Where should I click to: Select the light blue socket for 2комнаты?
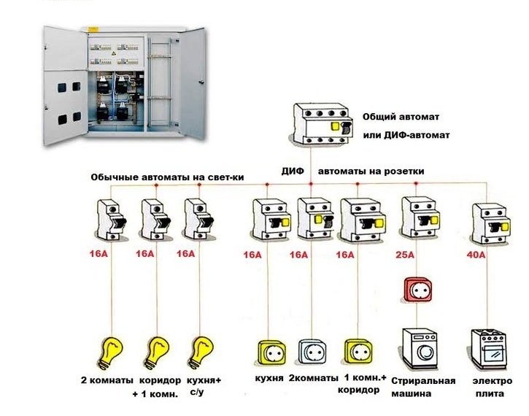312,351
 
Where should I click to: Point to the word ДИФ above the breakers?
293,171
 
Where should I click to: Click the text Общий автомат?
400,117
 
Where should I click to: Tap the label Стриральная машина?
423,387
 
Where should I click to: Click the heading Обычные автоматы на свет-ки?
166,178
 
